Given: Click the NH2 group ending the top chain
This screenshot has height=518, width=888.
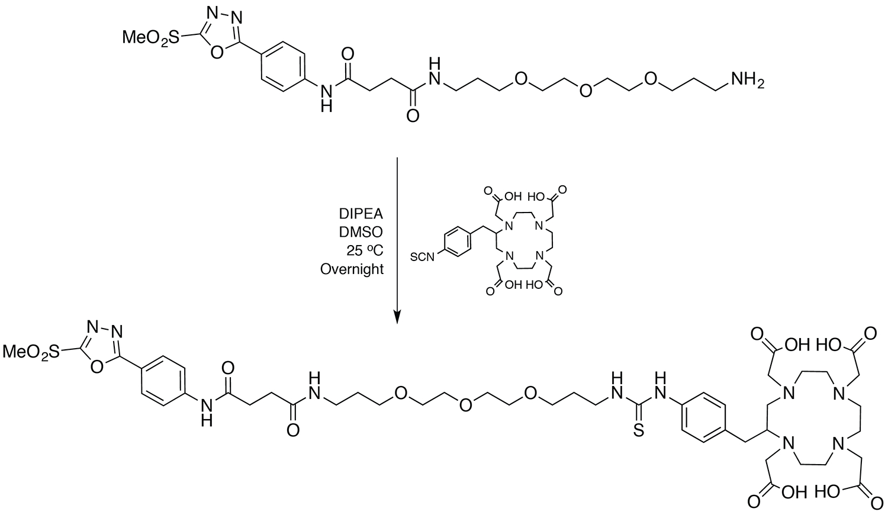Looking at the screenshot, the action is (x=748, y=79).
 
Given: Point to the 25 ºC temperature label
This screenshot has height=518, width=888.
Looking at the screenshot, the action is (x=367, y=250).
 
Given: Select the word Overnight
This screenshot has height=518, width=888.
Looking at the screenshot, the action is (x=352, y=269).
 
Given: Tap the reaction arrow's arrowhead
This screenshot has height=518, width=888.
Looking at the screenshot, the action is (x=397, y=317).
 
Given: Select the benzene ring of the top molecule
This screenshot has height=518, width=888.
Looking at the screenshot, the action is (x=284, y=66).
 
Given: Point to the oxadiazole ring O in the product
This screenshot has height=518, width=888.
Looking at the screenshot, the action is (x=98, y=366).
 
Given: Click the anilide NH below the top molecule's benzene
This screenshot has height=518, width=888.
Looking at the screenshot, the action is (x=325, y=97).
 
